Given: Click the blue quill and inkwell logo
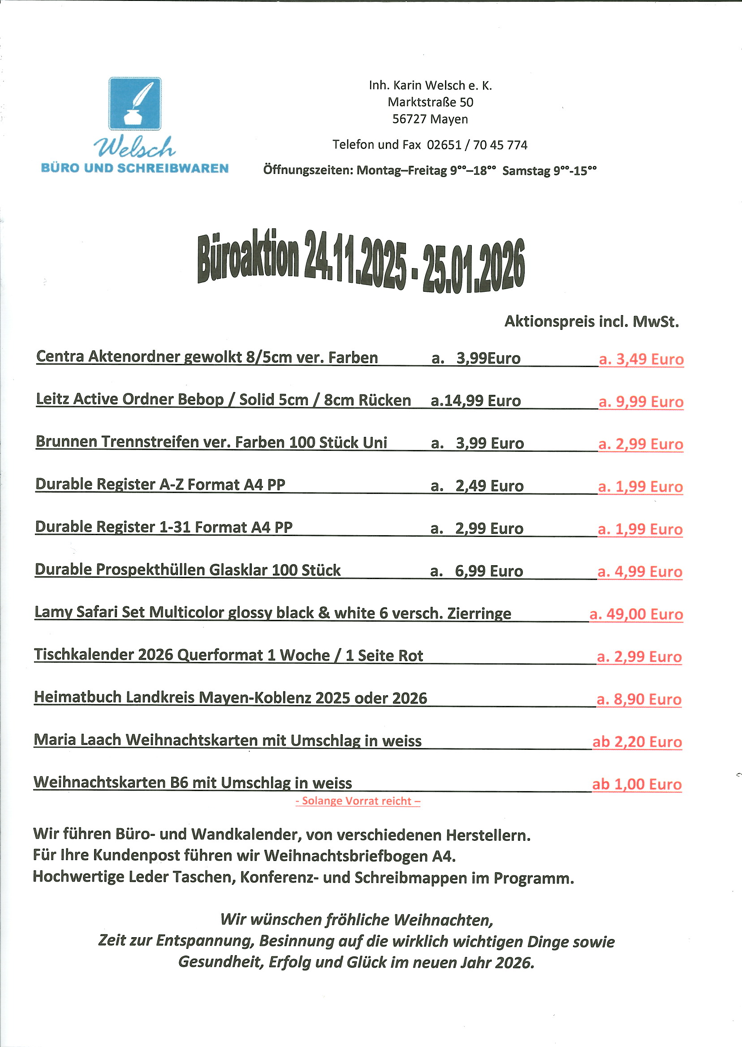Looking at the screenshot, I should (135, 104).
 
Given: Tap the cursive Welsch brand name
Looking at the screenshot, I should (135, 147).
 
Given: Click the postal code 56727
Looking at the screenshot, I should (410, 119).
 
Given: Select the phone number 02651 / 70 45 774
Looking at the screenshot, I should (477, 145).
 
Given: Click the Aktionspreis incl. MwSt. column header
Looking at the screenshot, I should (592, 322).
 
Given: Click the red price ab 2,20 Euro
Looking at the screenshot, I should (637, 742).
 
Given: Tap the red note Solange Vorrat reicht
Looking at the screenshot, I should (358, 801).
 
